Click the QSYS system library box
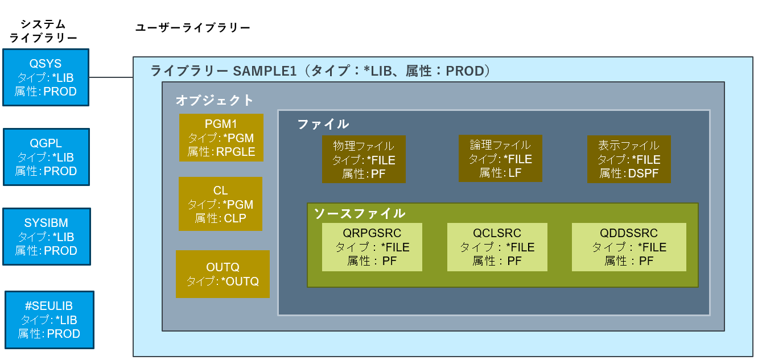coord(46,77)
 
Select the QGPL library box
coord(46,157)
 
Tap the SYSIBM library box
coord(46,237)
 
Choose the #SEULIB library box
coord(49,320)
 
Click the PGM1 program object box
coord(221,138)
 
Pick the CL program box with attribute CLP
coord(220,204)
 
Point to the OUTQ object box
coord(223,274)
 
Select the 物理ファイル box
coord(364,159)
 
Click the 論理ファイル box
coord(500,159)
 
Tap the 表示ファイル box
coord(629,159)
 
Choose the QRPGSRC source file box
coord(372,247)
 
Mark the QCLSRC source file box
coord(497,247)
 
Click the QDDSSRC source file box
coord(629,247)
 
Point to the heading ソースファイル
coord(360,213)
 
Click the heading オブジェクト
coord(215,101)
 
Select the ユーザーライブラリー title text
coord(192,28)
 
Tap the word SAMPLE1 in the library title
coord(265,72)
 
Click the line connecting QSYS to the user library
coord(111,77)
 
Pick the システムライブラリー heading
coord(43,31)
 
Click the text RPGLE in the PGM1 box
coord(236,152)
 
